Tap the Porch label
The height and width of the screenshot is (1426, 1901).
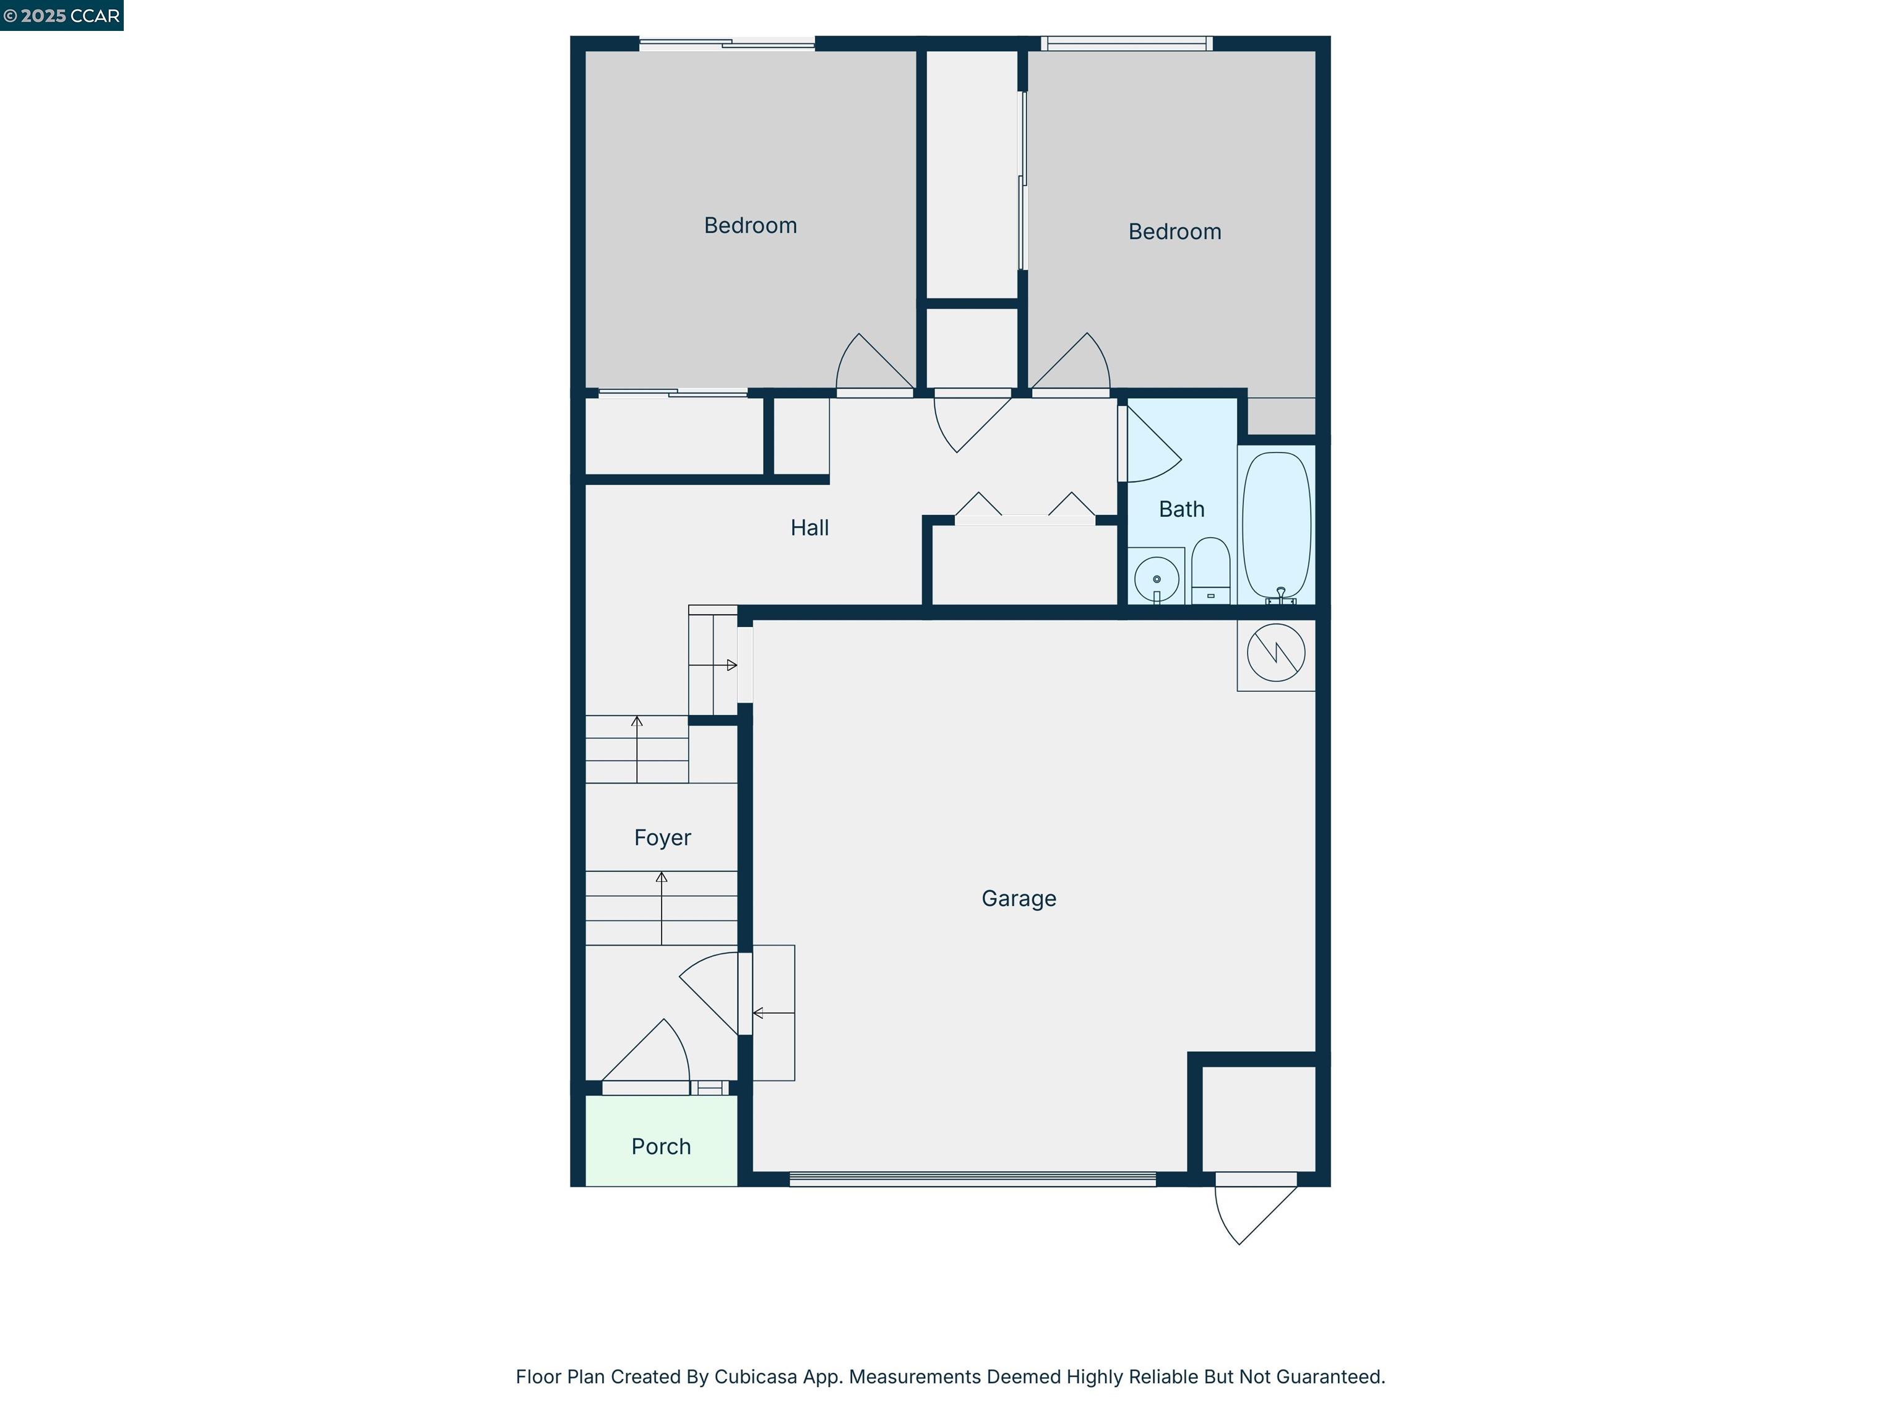[661, 1147]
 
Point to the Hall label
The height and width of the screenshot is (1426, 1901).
[809, 528]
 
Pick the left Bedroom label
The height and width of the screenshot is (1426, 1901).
[750, 225]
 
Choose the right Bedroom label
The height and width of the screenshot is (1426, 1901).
[1174, 231]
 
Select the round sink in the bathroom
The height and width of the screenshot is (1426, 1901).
[1157, 579]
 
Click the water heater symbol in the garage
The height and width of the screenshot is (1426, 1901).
[1276, 653]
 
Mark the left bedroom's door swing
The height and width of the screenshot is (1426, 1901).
[869, 365]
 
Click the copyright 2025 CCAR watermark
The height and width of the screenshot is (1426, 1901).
[62, 15]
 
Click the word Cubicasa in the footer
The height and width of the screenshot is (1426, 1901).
[756, 1377]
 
